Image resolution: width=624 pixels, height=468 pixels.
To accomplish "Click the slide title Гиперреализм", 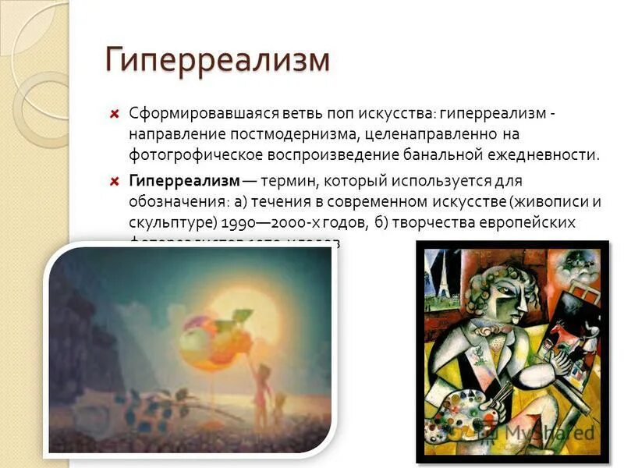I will click(218, 60).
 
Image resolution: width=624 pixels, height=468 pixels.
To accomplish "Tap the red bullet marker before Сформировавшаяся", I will click(115, 114).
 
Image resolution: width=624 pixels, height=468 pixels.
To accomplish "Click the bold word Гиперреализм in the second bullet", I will click(184, 181).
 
